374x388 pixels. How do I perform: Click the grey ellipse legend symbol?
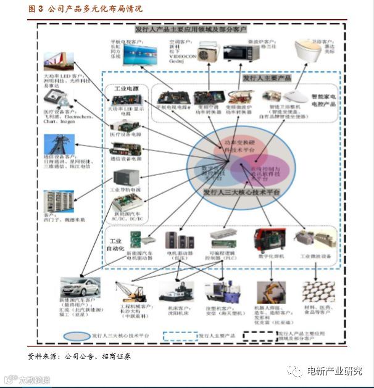coord(78,336)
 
